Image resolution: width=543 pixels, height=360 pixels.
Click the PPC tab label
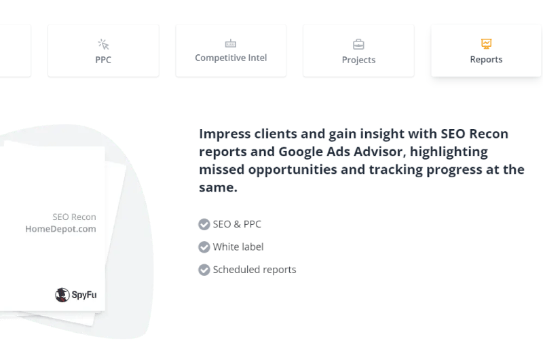(103, 60)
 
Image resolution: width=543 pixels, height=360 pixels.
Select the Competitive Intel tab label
(231, 58)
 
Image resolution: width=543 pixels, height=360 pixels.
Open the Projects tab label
(358, 60)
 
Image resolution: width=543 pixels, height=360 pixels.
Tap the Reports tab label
(486, 60)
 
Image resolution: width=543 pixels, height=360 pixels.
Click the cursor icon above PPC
(103, 44)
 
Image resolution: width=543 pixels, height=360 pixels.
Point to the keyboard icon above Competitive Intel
(231, 43)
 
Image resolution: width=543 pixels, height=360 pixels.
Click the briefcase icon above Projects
(358, 44)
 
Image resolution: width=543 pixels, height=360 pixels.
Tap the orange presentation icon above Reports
(486, 43)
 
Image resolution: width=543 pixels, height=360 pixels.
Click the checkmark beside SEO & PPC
(204, 224)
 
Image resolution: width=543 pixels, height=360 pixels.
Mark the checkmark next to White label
(204, 247)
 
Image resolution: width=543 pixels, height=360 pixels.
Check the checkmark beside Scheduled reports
(204, 270)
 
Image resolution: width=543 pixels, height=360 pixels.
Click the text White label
(238, 247)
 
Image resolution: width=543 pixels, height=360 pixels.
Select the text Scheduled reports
(255, 270)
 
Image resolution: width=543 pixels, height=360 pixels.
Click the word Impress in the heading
(225, 134)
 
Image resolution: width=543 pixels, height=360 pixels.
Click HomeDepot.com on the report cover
(60, 229)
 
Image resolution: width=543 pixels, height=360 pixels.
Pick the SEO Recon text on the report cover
(75, 217)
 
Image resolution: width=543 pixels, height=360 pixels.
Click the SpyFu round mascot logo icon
(62, 295)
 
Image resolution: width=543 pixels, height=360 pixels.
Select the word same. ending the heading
(218, 187)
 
